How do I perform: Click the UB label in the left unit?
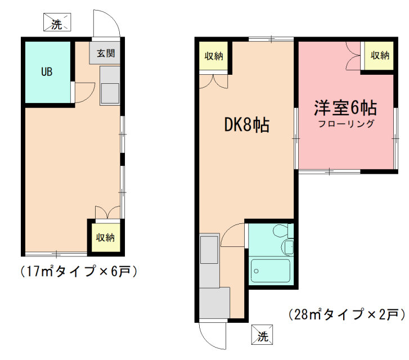[x=47, y=71]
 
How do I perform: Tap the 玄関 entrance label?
[x=106, y=53]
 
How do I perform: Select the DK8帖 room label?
[x=247, y=125]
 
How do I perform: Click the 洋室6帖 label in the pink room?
[x=345, y=108]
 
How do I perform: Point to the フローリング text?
[x=347, y=124]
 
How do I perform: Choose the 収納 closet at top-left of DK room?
[x=214, y=56]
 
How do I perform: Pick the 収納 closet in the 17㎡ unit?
[x=105, y=237]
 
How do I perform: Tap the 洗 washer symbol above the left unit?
[x=57, y=22]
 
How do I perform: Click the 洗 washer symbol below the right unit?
[x=262, y=335]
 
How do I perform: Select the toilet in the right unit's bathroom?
[x=280, y=230]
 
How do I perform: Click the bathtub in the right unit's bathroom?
[x=270, y=271]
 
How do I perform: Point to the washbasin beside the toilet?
[x=287, y=246]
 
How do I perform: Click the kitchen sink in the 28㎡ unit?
[x=209, y=250]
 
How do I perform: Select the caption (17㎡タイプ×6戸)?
[x=79, y=272]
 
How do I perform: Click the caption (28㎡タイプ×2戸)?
[x=348, y=314]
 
